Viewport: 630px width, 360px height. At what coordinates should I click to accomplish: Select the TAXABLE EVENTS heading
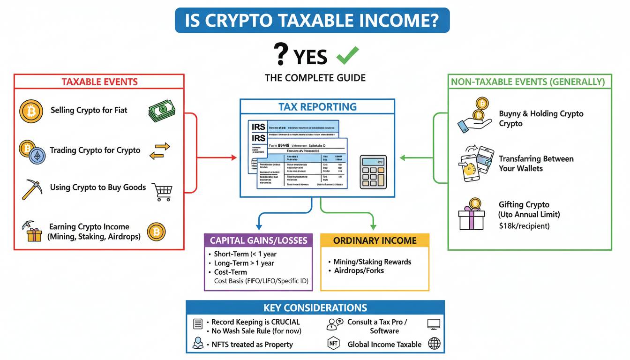click(99, 82)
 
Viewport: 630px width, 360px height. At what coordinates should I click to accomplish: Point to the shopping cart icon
click(162, 191)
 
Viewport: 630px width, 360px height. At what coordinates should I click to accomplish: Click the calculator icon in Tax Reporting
click(374, 172)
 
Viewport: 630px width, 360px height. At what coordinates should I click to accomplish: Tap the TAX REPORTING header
click(317, 106)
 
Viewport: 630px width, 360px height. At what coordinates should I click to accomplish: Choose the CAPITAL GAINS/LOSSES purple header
click(258, 240)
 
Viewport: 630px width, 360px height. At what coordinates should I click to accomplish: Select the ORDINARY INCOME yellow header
click(375, 240)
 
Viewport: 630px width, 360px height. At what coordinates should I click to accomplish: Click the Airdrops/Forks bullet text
click(359, 270)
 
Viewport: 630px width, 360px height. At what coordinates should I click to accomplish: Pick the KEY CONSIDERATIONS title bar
click(315, 308)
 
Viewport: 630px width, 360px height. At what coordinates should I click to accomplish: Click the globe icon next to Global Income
click(435, 344)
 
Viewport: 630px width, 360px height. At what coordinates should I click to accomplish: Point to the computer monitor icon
click(434, 324)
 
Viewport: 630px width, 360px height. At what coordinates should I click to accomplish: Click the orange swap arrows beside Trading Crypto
click(159, 151)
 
